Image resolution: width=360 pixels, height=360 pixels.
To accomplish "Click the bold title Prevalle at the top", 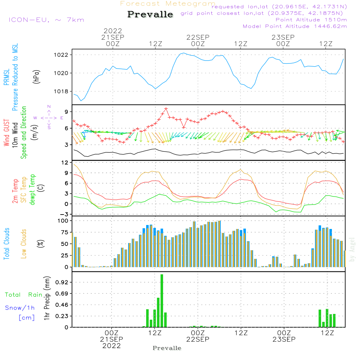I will [150, 14].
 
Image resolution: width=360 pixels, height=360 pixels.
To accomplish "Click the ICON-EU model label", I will [46, 19].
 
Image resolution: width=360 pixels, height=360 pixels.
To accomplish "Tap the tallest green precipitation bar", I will [162, 301].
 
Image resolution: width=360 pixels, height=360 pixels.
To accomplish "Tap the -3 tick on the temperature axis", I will [65, 214].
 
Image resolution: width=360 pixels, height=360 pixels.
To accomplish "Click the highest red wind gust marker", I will [166, 108].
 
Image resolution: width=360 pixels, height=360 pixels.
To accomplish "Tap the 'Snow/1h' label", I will [20, 308].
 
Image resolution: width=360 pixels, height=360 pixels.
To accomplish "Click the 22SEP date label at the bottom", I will [198, 339].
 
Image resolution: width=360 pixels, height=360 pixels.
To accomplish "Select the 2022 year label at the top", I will [113, 31].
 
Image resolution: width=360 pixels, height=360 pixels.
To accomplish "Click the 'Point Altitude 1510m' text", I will [311, 19].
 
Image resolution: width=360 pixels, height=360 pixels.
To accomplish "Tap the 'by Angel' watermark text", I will [352, 254].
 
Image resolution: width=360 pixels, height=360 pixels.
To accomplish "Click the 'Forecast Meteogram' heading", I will [168, 4].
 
